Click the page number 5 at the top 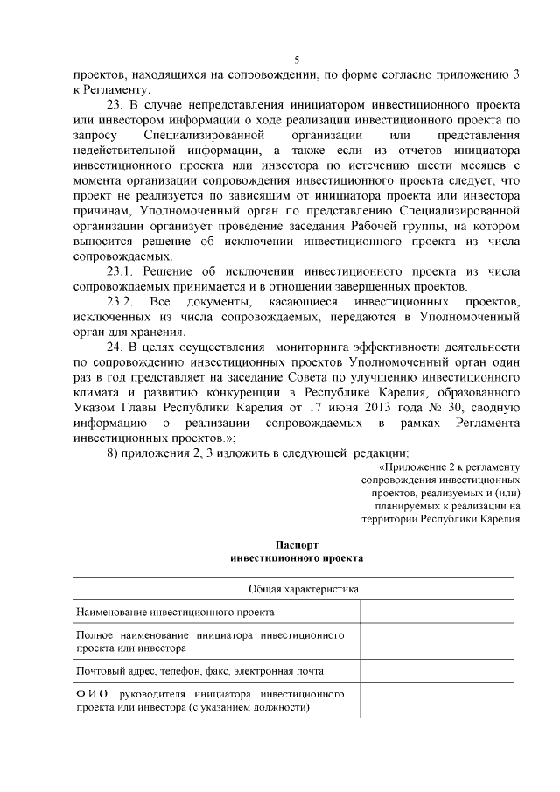pyautogui.click(x=296, y=60)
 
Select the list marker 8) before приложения pyautogui.click(x=112, y=452)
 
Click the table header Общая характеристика pyautogui.click(x=296, y=590)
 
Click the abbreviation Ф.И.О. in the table pyautogui.click(x=91, y=694)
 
